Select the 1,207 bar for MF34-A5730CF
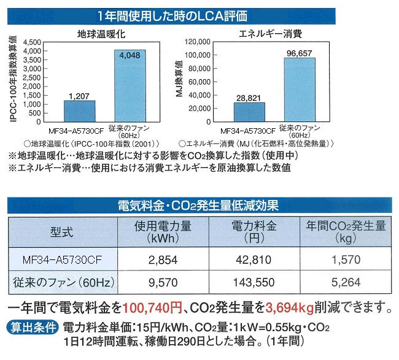[x=80, y=111]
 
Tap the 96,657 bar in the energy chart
[x=299, y=90]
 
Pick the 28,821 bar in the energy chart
[x=249, y=112]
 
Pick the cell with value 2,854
[x=164, y=259]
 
